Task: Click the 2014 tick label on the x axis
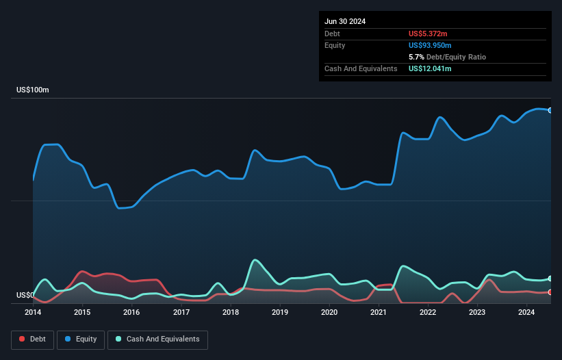point(33,313)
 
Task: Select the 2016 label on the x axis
point(131,313)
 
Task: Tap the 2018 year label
point(231,313)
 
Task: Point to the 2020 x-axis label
point(329,313)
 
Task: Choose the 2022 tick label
point(428,313)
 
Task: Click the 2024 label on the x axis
point(526,313)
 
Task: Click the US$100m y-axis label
point(33,90)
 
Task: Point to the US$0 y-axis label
point(25,296)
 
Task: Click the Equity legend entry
point(81,339)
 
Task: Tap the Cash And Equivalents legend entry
point(157,339)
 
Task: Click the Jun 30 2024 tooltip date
point(345,21)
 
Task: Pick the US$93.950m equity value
point(432,45)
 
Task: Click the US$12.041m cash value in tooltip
point(430,68)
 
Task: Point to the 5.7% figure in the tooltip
point(416,57)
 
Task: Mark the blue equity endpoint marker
point(550,110)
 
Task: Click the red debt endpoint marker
point(550,292)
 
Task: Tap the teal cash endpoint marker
point(550,279)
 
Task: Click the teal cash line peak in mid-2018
point(255,259)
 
